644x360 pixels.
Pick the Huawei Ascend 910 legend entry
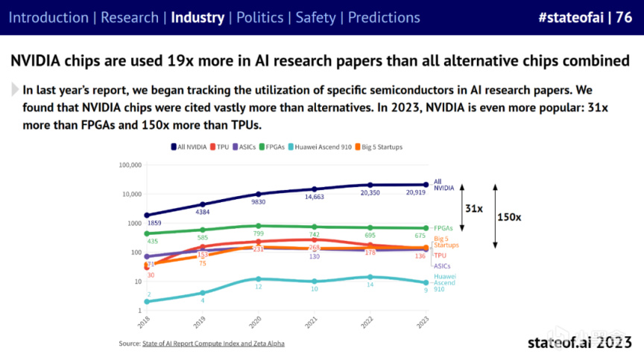point(320,147)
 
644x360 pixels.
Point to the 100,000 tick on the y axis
point(130,165)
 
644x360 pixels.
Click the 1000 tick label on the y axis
point(133,223)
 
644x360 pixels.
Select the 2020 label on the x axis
point(256,323)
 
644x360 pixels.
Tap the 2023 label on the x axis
point(424,323)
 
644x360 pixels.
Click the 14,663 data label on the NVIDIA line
point(314,198)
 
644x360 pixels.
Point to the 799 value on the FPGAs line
point(259,234)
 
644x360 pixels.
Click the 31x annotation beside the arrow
point(473,209)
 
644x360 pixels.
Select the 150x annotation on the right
point(508,217)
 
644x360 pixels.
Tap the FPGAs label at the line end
point(444,228)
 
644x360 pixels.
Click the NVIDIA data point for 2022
point(370,185)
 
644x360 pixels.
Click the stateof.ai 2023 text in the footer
point(580,342)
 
